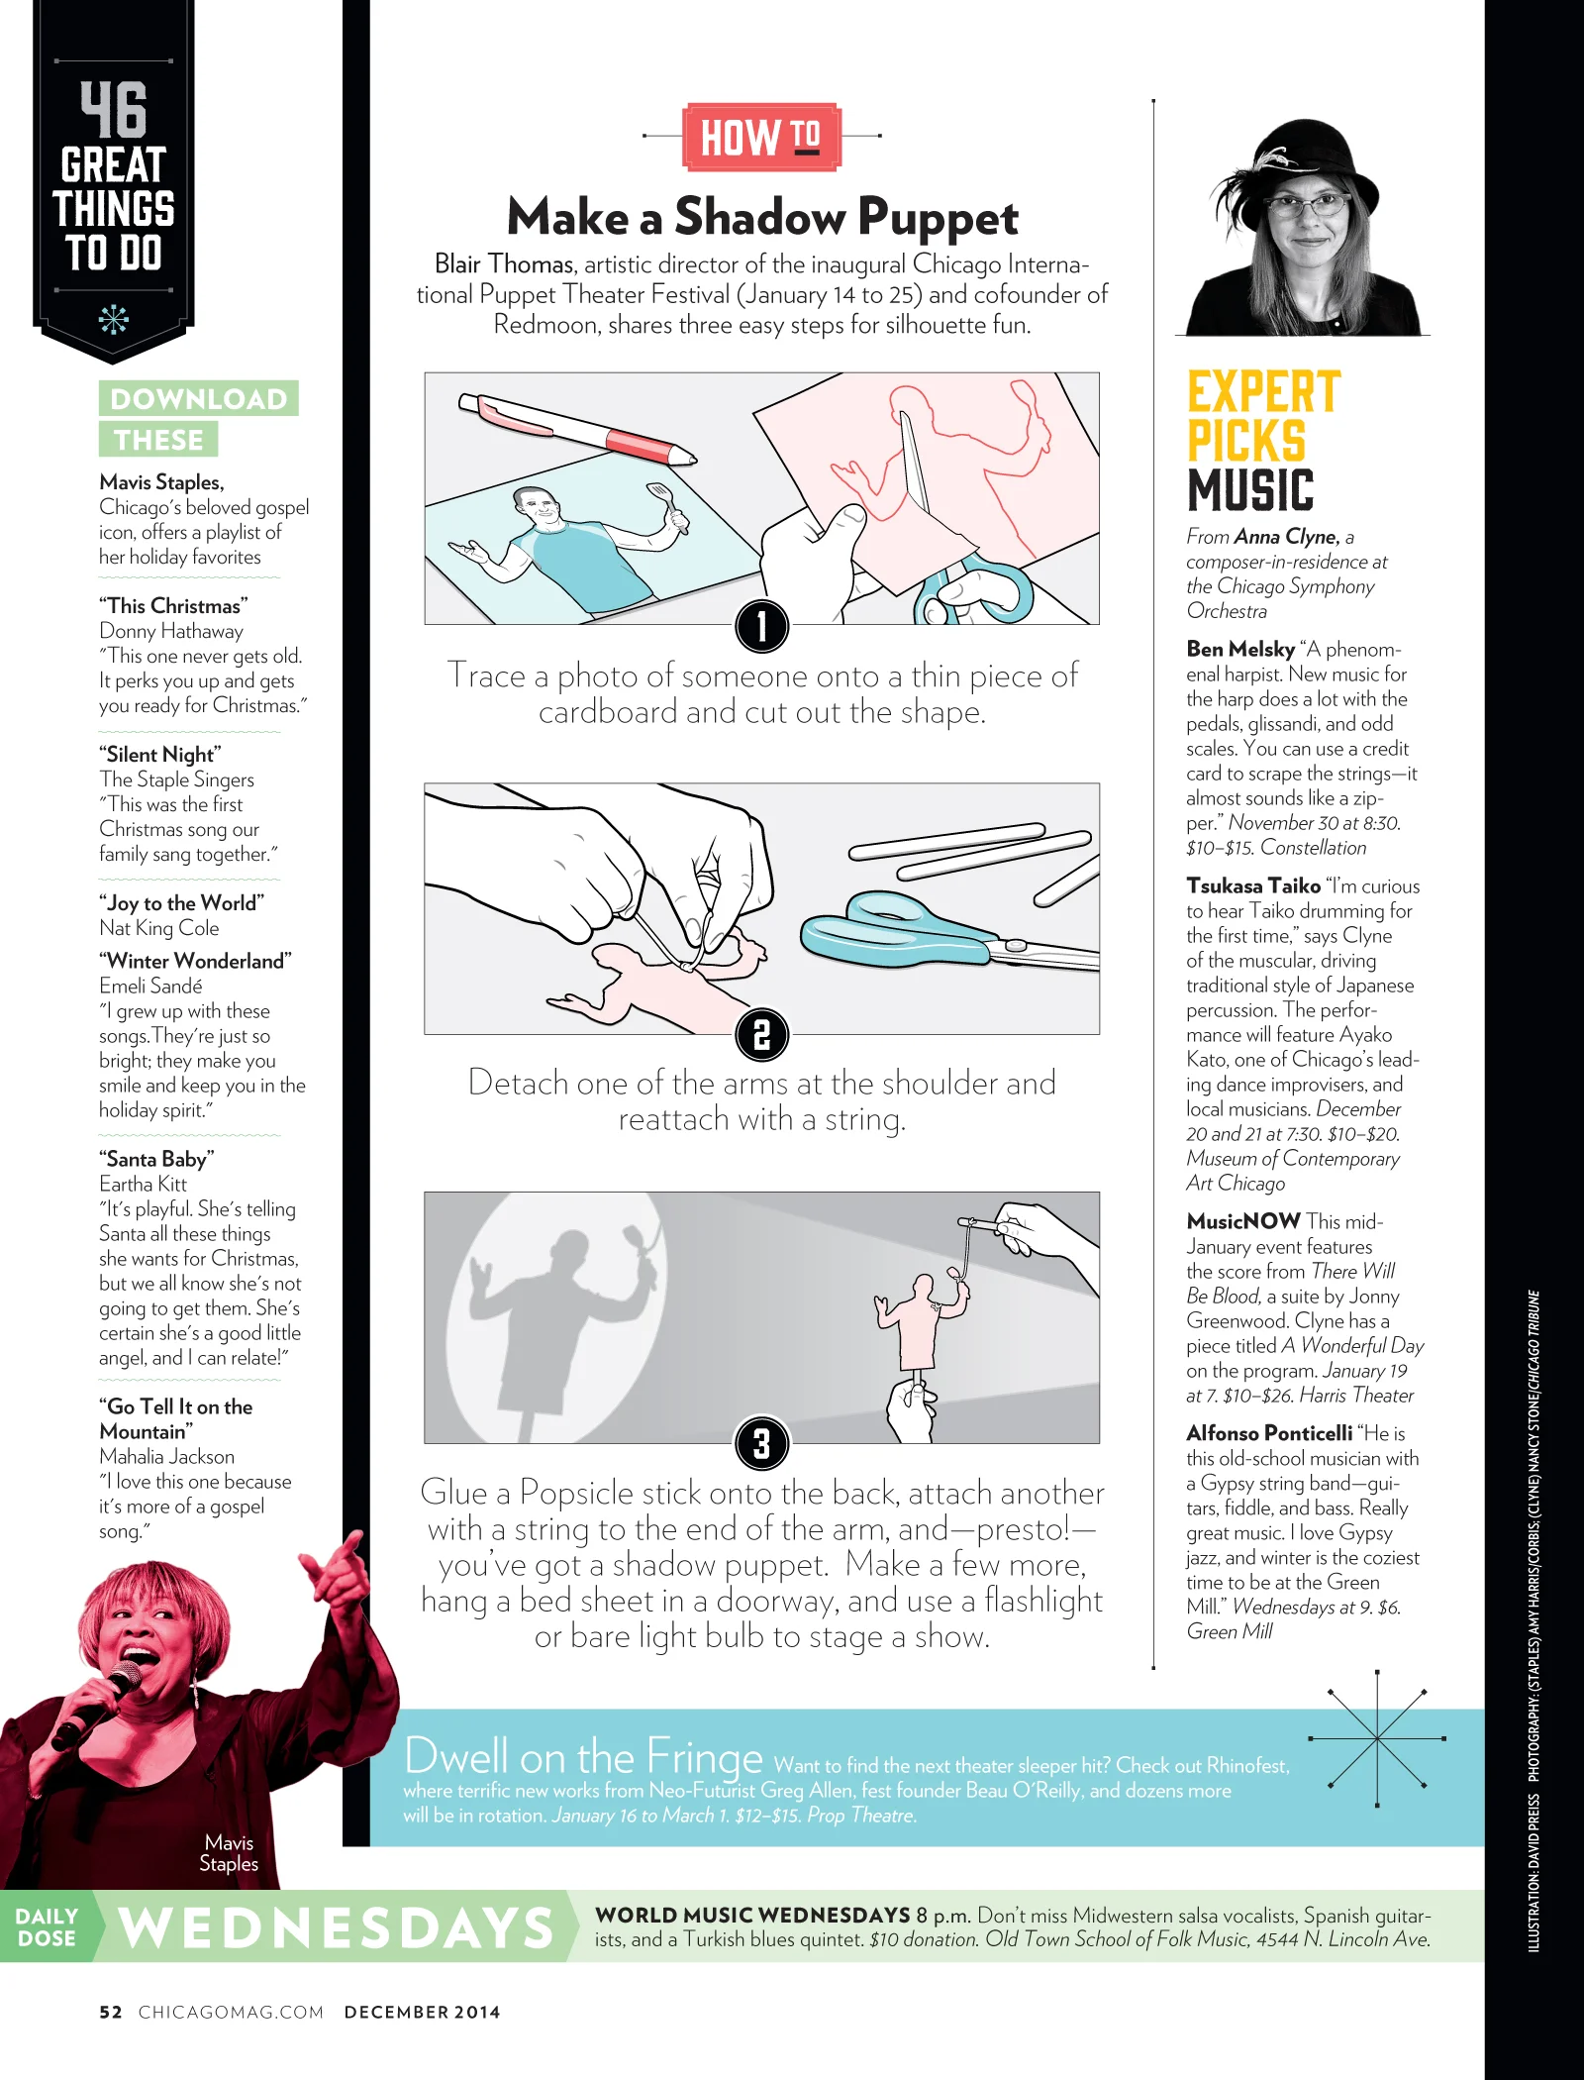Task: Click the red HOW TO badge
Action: (x=761, y=137)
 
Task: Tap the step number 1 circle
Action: (x=761, y=626)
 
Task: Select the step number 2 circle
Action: (x=761, y=1035)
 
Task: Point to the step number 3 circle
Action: (x=761, y=1443)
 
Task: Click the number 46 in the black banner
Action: (x=114, y=109)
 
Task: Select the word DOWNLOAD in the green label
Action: (x=198, y=398)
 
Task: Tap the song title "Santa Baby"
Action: (x=156, y=1159)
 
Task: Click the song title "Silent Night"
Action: (x=159, y=754)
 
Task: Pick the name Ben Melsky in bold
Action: (x=1240, y=649)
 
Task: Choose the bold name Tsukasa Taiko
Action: (x=1253, y=885)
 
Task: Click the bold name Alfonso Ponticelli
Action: (x=1269, y=1433)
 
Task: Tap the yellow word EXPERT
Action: (x=1264, y=392)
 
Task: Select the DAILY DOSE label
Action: (x=47, y=1927)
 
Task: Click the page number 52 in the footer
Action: (x=111, y=2012)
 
